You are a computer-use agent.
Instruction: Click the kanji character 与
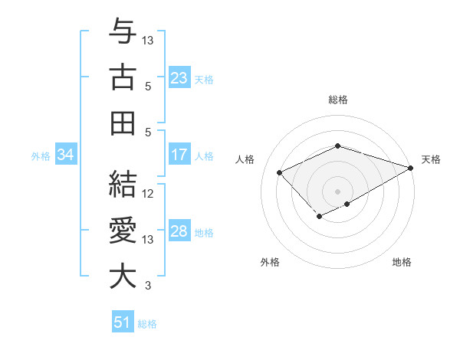(x=123, y=31)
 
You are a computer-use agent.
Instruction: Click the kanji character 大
(x=123, y=277)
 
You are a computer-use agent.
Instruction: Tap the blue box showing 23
(x=179, y=77)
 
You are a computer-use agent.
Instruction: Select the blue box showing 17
(x=179, y=155)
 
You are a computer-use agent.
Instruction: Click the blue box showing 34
(x=66, y=155)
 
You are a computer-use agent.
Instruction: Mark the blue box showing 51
(x=123, y=322)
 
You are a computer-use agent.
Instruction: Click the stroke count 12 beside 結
(x=149, y=194)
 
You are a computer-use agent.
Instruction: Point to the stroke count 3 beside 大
(x=149, y=286)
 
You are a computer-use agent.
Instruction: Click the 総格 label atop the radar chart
(x=338, y=100)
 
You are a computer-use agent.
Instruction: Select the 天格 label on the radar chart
(x=431, y=159)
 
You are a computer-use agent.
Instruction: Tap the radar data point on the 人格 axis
(x=280, y=172)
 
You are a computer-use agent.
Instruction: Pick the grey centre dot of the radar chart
(x=338, y=191)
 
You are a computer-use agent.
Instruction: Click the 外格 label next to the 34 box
(x=41, y=156)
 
